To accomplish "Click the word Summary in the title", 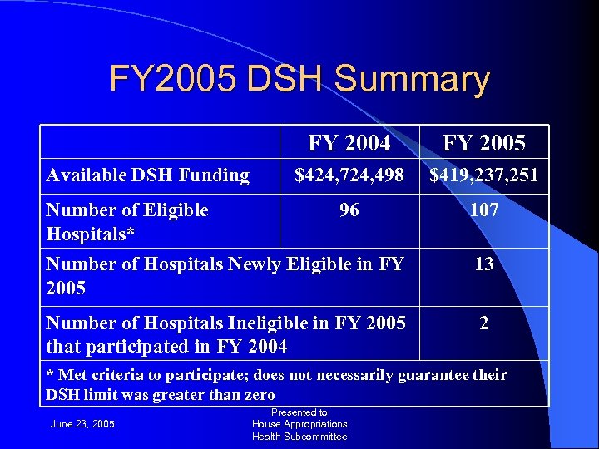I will click(413, 80).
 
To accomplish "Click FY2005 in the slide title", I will click(170, 80).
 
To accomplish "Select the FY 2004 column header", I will click(349, 144).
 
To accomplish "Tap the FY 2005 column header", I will click(484, 144).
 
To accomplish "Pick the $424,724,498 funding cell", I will click(349, 175).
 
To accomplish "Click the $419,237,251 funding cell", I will click(484, 175).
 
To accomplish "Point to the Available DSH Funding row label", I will click(147, 175).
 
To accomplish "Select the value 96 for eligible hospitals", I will click(349, 210).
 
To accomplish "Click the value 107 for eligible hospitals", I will click(484, 210).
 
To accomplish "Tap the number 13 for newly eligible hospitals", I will click(484, 264).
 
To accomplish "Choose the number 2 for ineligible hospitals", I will click(484, 323).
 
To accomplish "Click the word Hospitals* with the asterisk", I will click(90, 234).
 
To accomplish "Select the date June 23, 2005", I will click(82, 425).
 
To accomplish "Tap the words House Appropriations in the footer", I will click(299, 424).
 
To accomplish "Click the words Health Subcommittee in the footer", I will click(299, 436).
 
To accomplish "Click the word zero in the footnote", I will click(255, 395).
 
